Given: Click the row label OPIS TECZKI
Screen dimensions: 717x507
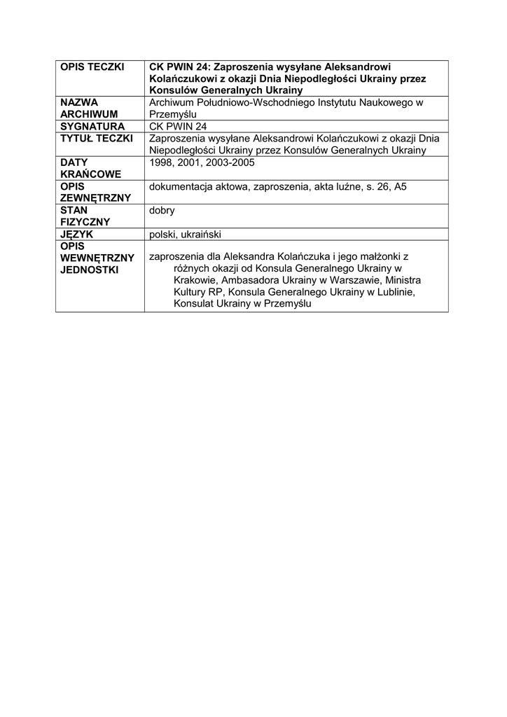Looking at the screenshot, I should (92, 67).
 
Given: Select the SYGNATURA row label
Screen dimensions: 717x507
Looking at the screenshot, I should (92, 126).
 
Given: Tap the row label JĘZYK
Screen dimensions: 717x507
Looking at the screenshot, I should (77, 235).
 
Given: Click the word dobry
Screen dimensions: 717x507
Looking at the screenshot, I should (162, 210).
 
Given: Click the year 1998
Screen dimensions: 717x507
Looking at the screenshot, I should (162, 162).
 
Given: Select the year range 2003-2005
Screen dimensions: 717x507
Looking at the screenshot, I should (230, 162).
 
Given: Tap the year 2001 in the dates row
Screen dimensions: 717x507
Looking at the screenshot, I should (193, 162).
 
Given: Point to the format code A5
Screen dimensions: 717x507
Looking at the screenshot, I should (400, 187).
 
